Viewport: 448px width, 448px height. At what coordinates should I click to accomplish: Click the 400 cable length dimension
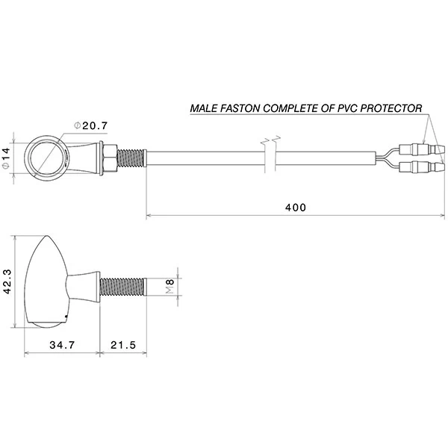pos(296,207)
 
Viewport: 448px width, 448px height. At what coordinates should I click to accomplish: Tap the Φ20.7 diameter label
pos(90,125)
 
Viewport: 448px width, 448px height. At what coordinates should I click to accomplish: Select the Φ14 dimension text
pos(6,158)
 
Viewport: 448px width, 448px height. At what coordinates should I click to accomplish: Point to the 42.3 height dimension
pos(7,281)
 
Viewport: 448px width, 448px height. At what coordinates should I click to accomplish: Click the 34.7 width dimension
pos(62,345)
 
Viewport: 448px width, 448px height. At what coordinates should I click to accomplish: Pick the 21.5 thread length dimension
pos(123,345)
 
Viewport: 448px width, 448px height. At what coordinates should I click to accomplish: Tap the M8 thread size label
pos(169,287)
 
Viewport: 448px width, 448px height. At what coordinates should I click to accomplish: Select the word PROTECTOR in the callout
pos(391,108)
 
